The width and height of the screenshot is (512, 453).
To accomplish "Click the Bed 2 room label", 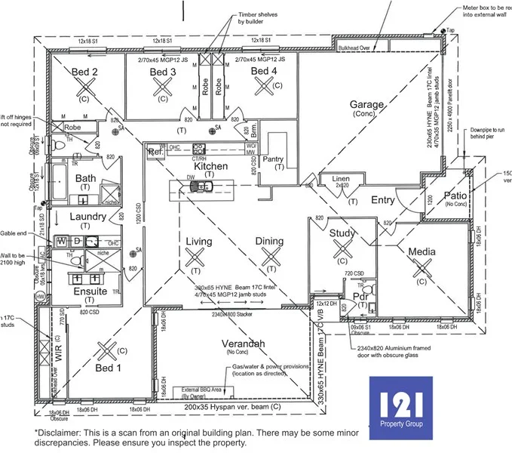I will (x=84, y=72).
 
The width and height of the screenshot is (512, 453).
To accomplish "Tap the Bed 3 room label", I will (x=162, y=72).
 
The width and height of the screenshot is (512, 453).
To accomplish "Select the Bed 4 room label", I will (x=264, y=72).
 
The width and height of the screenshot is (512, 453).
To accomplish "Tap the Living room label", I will (x=199, y=241).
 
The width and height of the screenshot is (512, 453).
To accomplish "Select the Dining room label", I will (x=269, y=242).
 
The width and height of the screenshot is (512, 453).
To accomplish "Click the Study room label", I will (x=342, y=233).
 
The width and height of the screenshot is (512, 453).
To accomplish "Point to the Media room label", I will (x=422, y=251).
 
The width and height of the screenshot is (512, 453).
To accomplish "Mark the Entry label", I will (x=383, y=200).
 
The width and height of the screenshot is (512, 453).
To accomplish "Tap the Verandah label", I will (x=243, y=344).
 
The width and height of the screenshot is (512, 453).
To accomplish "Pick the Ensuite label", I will (x=90, y=291).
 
